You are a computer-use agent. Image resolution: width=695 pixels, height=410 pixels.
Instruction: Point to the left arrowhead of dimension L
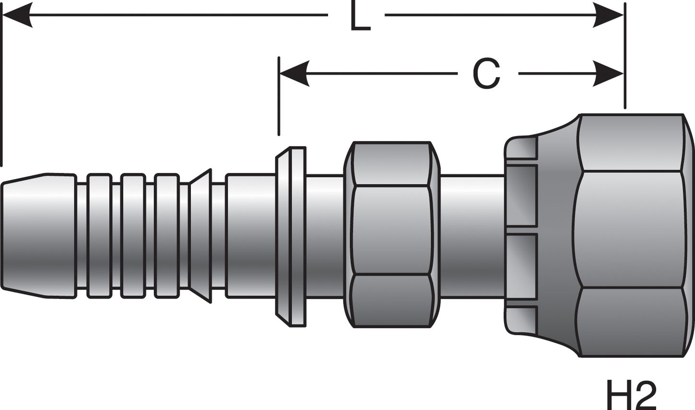click(x=17, y=15)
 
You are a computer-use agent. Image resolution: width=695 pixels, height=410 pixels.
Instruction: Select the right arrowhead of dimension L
click(x=608, y=15)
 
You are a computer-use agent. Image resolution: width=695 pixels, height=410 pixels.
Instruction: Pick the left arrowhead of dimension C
click(x=294, y=74)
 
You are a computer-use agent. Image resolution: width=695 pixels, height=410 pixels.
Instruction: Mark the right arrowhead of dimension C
click(x=608, y=74)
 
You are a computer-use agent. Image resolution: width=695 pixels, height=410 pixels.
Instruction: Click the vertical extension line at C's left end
click(x=279, y=96)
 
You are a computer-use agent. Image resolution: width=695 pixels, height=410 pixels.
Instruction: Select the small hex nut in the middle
click(x=392, y=235)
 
